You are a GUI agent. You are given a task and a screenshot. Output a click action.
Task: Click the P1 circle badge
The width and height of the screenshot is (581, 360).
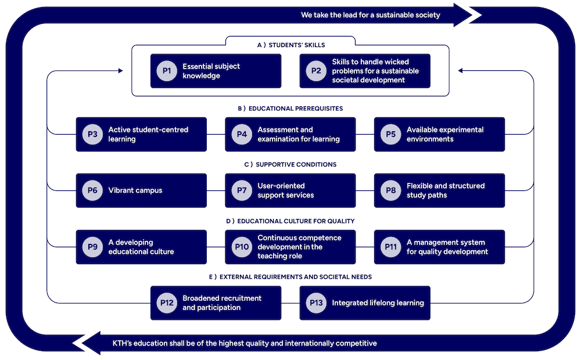click(x=167, y=71)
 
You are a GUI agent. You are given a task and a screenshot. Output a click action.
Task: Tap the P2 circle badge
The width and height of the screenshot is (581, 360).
click(x=316, y=71)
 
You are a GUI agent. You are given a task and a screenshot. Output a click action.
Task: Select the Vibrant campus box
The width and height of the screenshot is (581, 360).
click(x=141, y=190)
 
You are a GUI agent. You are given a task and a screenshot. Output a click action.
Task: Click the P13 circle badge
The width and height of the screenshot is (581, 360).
click(x=316, y=303)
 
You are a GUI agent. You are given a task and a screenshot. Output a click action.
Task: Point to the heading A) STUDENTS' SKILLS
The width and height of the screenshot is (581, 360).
click(x=290, y=45)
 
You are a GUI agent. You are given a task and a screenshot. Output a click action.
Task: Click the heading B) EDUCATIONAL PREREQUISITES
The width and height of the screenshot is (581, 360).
click(x=290, y=109)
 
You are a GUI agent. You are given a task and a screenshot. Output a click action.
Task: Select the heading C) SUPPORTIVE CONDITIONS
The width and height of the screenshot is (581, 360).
click(x=290, y=164)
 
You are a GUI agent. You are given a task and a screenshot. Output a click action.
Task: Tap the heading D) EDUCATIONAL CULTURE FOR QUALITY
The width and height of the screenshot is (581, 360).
click(x=290, y=221)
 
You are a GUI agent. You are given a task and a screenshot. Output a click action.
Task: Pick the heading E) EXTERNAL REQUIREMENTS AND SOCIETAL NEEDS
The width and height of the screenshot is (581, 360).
click(x=290, y=277)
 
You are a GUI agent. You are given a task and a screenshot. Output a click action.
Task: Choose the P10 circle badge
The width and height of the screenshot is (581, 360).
click(x=242, y=247)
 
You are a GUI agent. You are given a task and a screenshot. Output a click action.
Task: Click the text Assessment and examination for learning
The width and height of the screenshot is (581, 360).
click(x=298, y=134)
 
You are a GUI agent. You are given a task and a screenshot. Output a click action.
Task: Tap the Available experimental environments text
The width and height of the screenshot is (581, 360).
click(x=445, y=134)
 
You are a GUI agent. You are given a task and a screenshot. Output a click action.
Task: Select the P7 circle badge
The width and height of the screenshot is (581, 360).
click(x=242, y=190)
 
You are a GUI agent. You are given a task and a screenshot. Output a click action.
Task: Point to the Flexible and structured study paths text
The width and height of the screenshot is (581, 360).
click(x=445, y=190)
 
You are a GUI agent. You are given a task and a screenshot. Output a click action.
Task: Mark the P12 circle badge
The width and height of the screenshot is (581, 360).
click(x=167, y=303)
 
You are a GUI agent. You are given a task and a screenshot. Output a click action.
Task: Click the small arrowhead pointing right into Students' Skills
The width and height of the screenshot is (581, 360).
click(x=120, y=71)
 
